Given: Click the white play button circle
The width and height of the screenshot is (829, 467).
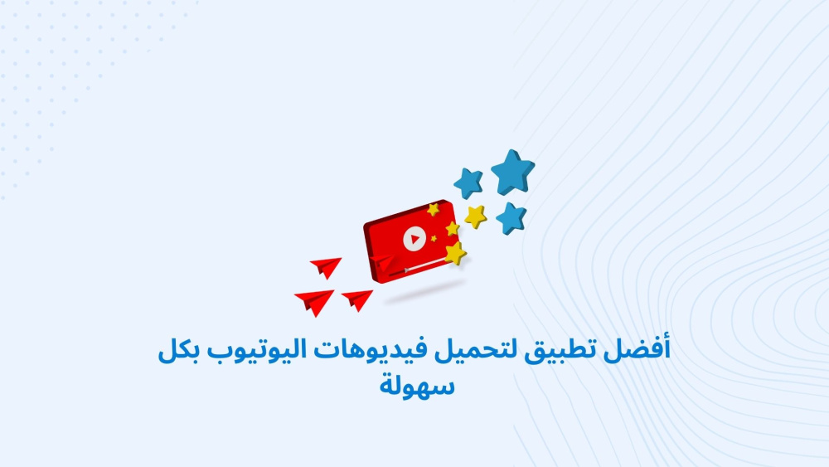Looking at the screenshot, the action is point(414,239).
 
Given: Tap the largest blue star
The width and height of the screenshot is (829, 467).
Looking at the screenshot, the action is point(512,173).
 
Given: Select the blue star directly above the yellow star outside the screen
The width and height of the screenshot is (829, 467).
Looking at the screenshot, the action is point(468,183).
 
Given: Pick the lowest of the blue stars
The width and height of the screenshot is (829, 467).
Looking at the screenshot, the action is point(511,218).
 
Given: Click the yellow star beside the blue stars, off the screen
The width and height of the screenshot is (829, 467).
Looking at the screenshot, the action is point(476,216).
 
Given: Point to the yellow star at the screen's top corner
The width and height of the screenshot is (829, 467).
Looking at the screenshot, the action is point(434,209).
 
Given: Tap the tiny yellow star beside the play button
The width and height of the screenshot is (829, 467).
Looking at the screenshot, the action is point(434,239).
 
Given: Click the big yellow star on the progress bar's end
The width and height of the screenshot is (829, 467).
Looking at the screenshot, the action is point(455,253).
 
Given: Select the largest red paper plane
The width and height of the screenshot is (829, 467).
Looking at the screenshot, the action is point(314,301).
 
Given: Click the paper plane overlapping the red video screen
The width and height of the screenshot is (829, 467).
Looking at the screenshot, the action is point(382,261).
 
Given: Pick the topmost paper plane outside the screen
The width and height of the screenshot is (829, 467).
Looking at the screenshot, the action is point(326,267).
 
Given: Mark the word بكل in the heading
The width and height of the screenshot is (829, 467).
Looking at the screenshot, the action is point(178,349).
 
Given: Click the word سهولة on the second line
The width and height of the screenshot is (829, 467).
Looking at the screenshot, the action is point(417,385).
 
